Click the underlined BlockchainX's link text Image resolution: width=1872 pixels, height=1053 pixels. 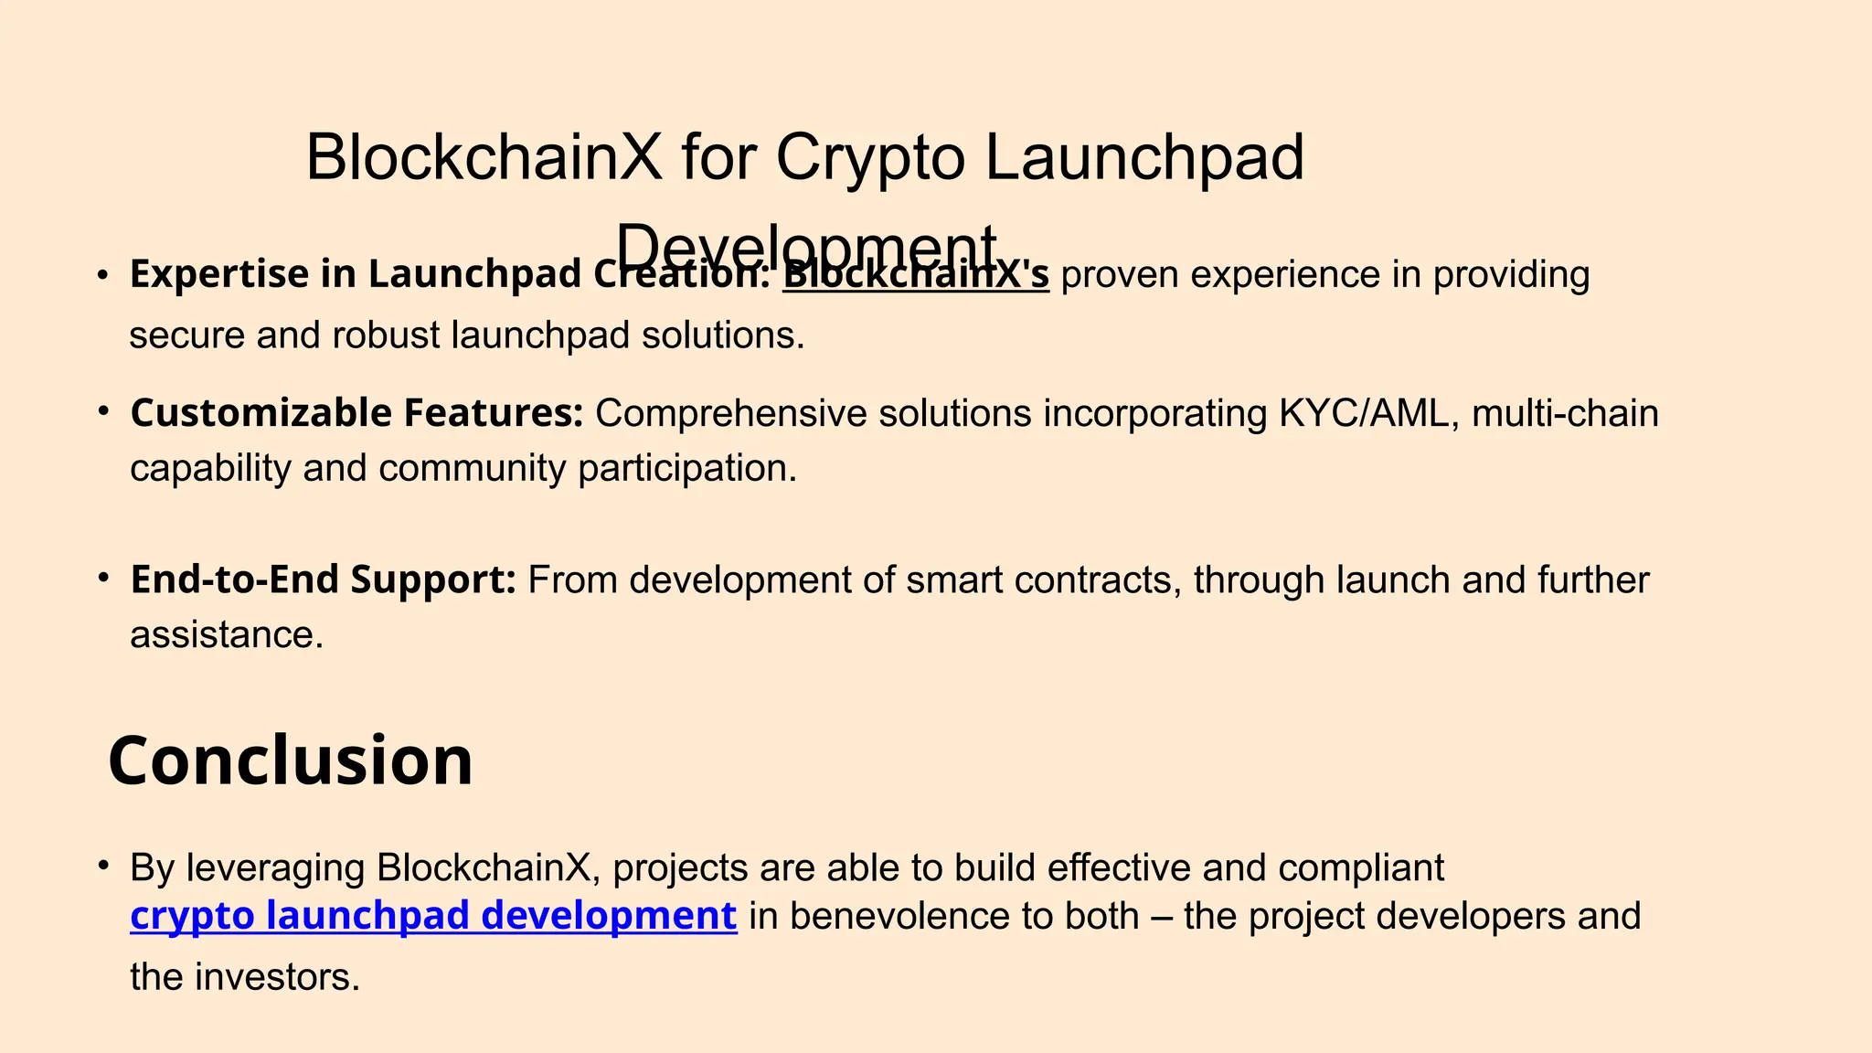pos(915,275)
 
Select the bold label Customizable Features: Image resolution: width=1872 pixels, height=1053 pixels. pos(356,413)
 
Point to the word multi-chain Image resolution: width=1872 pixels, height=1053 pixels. pos(1564,413)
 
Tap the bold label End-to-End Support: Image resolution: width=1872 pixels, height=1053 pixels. pos(324,580)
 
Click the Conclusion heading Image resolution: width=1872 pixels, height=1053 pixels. pos(291,760)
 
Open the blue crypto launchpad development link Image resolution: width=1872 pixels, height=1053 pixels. pos(433,916)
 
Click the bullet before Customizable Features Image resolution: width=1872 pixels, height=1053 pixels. pos(104,411)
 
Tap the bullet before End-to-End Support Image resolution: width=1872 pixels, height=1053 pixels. pos(104,578)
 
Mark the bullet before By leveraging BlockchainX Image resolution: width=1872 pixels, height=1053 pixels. pos(104,865)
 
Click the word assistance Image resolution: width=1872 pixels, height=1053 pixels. pos(226,634)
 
